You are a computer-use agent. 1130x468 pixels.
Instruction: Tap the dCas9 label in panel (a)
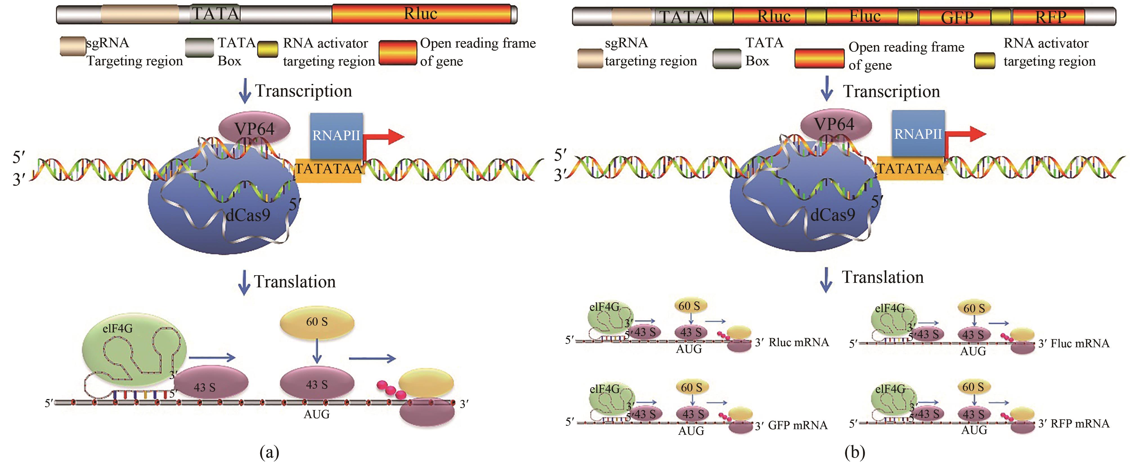[248, 215]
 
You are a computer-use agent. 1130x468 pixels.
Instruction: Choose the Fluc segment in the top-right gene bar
[864, 17]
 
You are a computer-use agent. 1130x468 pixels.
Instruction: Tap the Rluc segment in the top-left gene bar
[420, 14]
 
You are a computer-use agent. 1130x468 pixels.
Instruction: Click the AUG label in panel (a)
[317, 414]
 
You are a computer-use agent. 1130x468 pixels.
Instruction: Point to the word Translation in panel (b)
[883, 277]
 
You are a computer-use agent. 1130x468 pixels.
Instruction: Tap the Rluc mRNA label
[798, 342]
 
